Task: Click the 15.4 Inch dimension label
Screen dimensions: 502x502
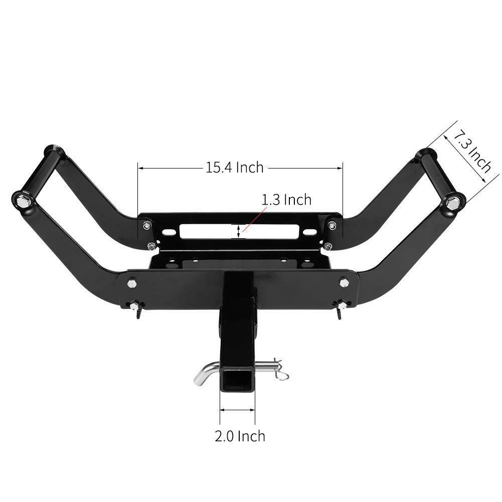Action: point(234,167)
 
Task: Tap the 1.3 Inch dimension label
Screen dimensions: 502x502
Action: point(286,200)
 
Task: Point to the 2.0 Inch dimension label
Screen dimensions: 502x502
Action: point(240,436)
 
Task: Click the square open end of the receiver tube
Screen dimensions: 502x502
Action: point(238,381)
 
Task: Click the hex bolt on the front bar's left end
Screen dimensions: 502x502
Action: point(132,283)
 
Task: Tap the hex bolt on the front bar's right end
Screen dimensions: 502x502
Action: point(344,282)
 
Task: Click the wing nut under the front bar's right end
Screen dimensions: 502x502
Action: point(341,306)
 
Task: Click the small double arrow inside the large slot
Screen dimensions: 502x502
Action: point(239,231)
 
